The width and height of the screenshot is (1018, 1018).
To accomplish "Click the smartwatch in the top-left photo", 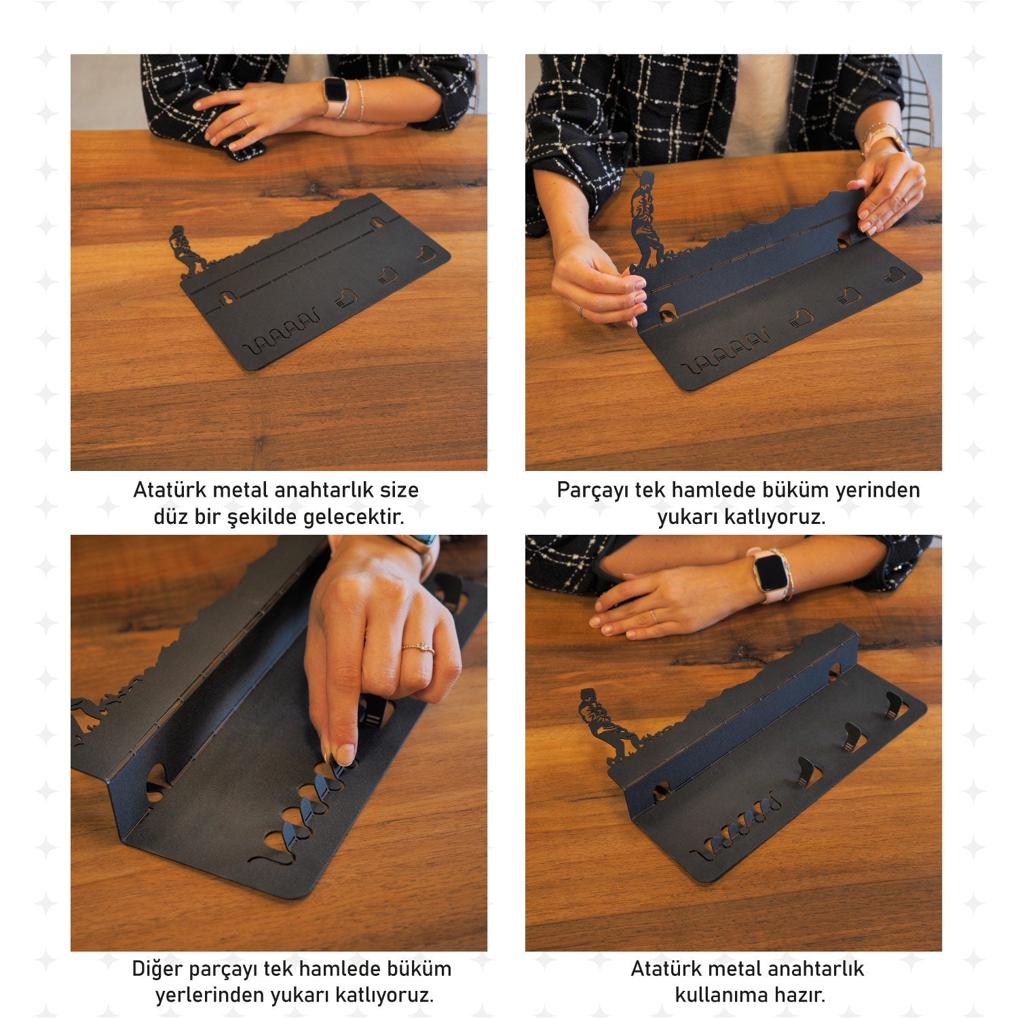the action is pos(335,95).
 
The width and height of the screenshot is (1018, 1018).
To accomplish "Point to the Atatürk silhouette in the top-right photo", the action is pos(645,221).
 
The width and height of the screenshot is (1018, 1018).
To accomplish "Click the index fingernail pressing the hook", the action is pos(345,754).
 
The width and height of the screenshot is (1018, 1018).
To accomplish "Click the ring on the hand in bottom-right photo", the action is pos(654,616).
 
